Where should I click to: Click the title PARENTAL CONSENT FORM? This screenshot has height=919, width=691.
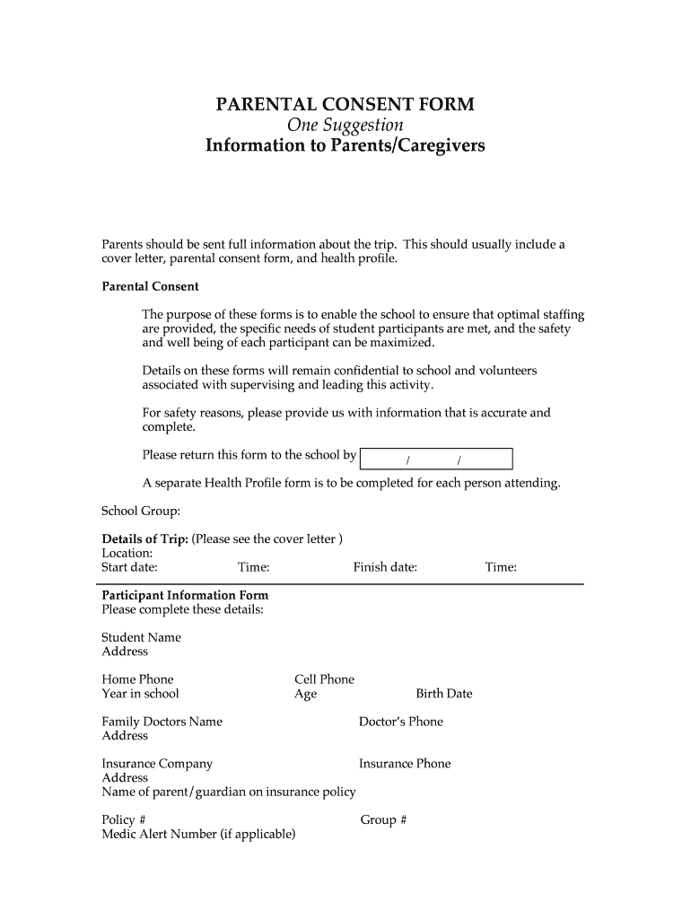pos(345,104)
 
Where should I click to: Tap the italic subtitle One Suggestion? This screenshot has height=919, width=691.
pos(345,124)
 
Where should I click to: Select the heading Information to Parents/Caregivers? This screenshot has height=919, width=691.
pos(345,144)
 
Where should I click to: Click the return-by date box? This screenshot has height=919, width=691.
pos(435,459)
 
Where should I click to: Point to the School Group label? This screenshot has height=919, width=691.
pos(141,511)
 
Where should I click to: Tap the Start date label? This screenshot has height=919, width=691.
pos(130,567)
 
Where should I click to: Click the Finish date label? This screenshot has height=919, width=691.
pos(385,567)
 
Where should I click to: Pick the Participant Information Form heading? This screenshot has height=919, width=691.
pos(185,595)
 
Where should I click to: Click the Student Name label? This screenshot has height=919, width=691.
pos(141,637)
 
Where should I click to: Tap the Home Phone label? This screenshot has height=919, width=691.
pos(137,679)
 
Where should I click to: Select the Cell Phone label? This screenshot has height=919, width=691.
pos(324,679)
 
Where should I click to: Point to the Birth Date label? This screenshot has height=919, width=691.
pos(443,694)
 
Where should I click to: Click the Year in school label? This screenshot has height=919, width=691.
pos(140,694)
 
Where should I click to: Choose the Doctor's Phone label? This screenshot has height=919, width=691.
pos(400,722)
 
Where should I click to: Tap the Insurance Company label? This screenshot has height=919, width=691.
pos(157,764)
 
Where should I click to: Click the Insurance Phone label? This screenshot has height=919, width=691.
pos(405,764)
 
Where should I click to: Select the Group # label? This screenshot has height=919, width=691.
pos(383,819)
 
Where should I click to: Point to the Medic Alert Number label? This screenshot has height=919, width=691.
pos(198,834)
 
